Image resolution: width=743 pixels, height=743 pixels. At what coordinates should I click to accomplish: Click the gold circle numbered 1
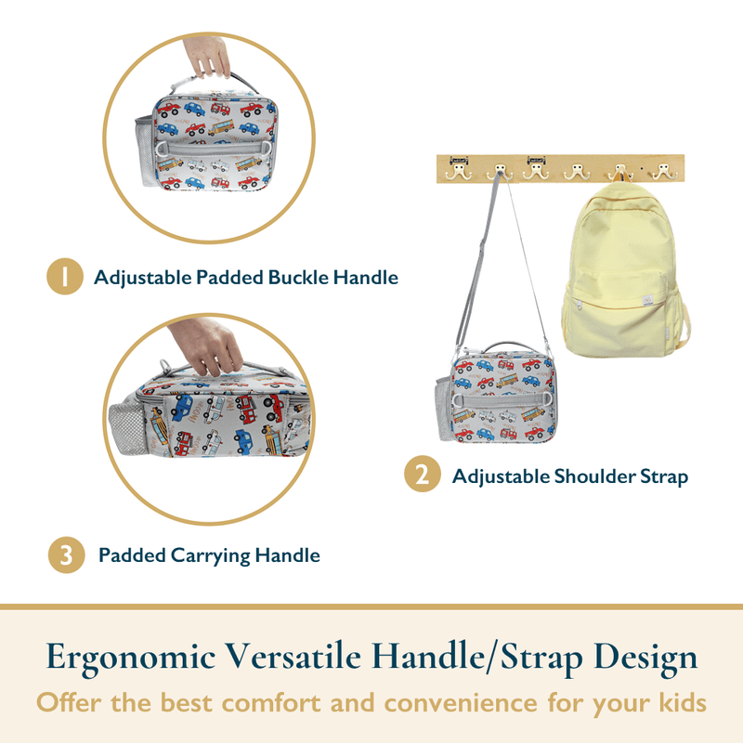65,276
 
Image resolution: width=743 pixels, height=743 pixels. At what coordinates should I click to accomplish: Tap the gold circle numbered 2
423,474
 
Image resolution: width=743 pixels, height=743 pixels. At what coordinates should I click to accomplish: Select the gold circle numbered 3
66,554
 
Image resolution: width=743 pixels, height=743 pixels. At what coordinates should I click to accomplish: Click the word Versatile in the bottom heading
293,657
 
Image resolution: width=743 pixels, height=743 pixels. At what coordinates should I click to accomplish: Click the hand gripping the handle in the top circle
207,56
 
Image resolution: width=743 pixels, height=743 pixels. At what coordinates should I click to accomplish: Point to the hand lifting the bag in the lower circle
207,345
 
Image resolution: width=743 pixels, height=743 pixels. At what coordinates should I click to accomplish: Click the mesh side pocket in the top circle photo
144,150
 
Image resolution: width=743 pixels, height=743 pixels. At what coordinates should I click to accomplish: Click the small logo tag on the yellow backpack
647,299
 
